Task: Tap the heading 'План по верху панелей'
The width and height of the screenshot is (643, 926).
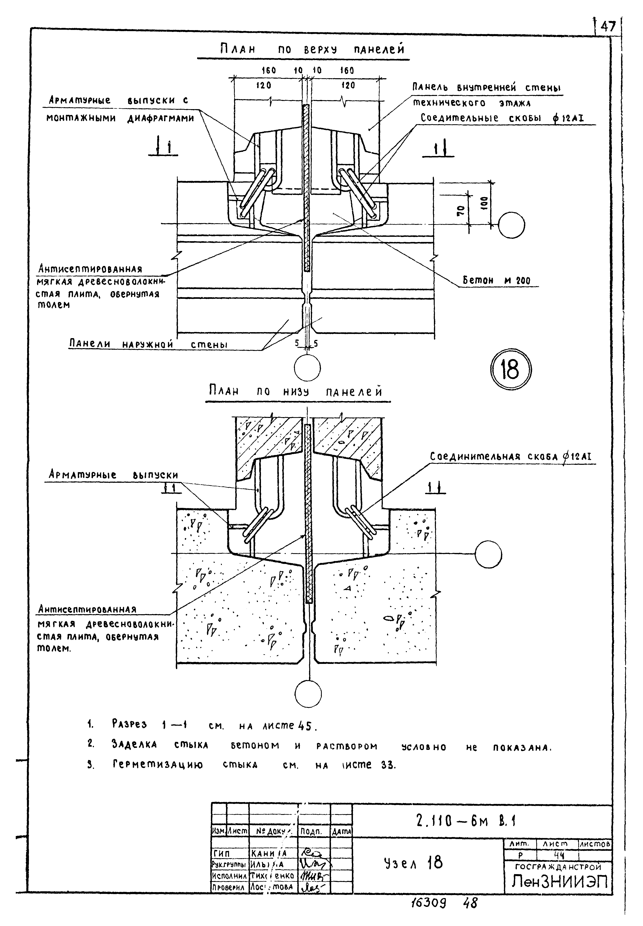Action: (x=312, y=49)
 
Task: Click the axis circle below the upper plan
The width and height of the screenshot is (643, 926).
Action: (x=307, y=368)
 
